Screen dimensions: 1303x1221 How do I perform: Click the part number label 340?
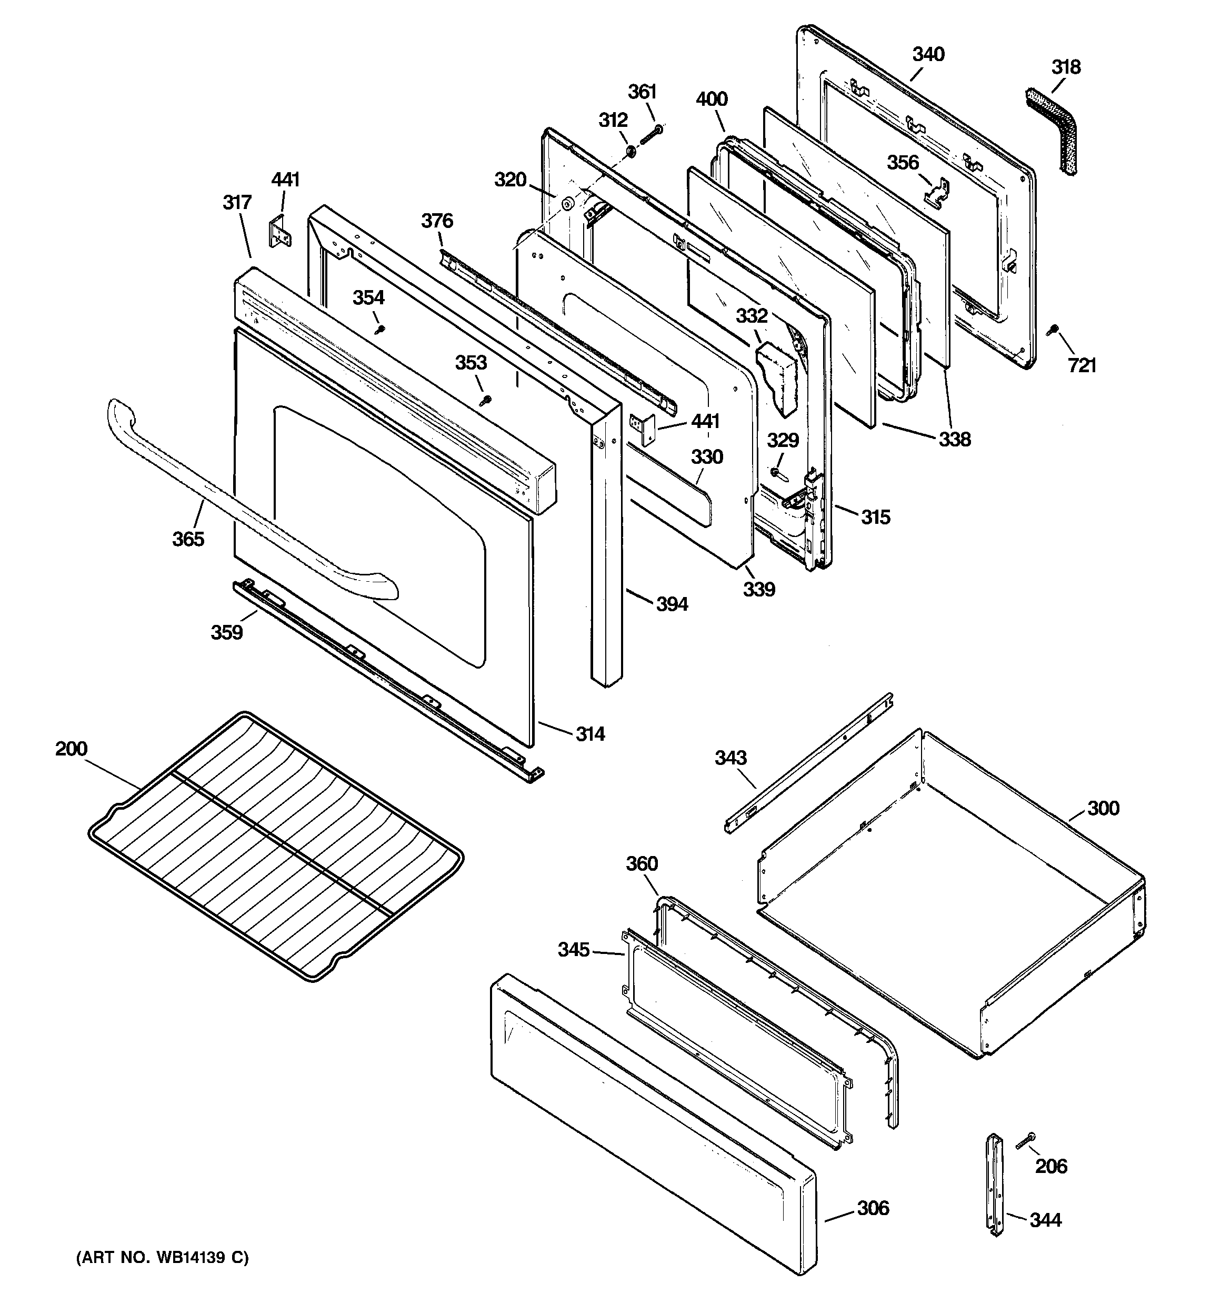click(x=928, y=54)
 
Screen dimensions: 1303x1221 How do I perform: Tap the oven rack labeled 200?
click(x=275, y=845)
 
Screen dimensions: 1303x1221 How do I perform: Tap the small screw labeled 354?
click(x=378, y=330)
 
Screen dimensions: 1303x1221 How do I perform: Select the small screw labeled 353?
click(x=485, y=399)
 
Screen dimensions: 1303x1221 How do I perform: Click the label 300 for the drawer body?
click(x=1103, y=808)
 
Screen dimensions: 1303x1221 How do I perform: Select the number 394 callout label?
click(x=672, y=604)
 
